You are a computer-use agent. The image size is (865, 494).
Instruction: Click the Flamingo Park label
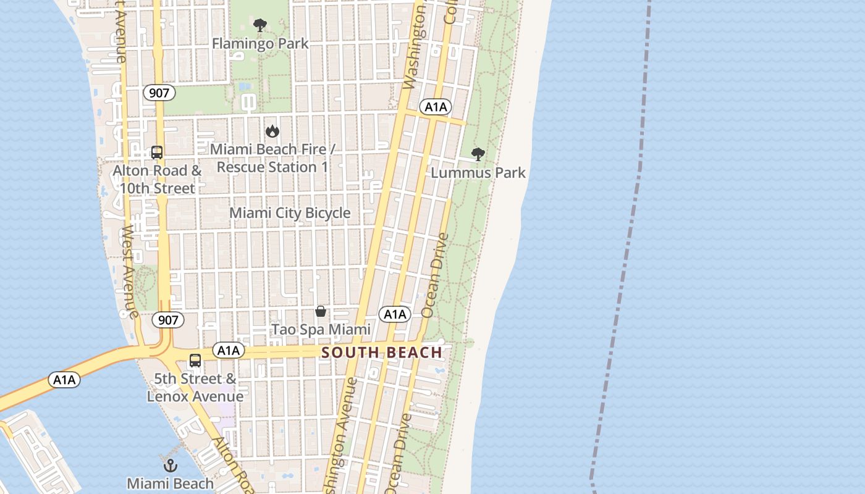pos(260,44)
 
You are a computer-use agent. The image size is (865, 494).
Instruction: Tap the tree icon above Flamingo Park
pos(260,25)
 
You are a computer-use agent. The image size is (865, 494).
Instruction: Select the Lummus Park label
pos(478,172)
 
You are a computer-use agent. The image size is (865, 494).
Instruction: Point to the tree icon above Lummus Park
pos(478,154)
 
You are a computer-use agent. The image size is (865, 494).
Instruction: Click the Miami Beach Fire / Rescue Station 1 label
pos(272,158)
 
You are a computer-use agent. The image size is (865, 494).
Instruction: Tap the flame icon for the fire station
pos(272,131)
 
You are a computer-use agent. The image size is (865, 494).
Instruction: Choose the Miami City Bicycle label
pos(290,213)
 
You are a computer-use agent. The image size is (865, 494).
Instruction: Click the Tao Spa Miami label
pos(321,330)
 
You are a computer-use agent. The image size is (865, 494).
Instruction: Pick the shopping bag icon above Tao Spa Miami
pos(321,311)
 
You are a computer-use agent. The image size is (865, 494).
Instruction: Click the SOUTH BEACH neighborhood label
pos(382,353)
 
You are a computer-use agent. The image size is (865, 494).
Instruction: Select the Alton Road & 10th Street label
pos(157,179)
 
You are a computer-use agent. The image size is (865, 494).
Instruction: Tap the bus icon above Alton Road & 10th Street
pos(157,152)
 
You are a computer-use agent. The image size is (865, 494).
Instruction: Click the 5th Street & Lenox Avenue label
pos(195,387)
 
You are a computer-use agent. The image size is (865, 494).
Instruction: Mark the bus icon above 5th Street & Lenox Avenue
pos(195,360)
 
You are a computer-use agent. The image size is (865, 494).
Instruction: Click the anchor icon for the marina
pos(170,465)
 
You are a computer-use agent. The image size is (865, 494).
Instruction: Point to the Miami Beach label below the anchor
pos(170,484)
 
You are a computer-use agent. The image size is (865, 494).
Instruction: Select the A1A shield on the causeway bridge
pos(64,380)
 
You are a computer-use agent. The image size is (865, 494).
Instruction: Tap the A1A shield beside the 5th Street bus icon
pos(228,351)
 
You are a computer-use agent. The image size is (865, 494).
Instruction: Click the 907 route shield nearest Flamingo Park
pos(159,93)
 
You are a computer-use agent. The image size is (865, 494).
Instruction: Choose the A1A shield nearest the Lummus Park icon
pos(436,107)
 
